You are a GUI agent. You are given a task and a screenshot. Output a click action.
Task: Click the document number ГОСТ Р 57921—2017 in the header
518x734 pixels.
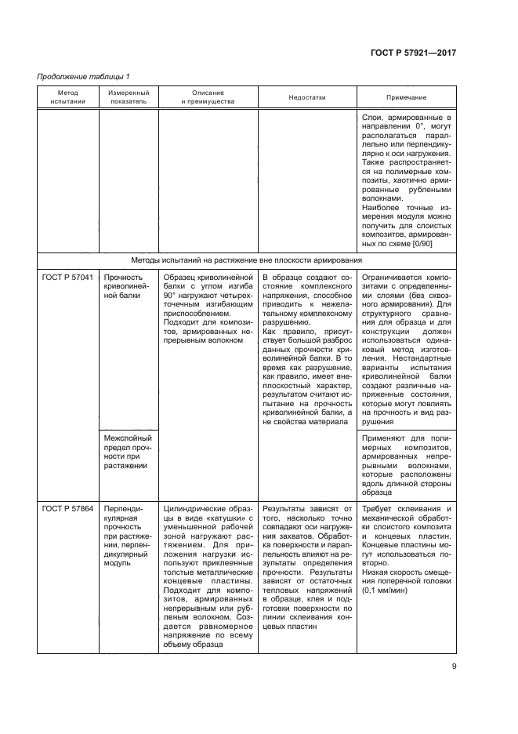412,53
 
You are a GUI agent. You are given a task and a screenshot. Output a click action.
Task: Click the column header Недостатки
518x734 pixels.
306,97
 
